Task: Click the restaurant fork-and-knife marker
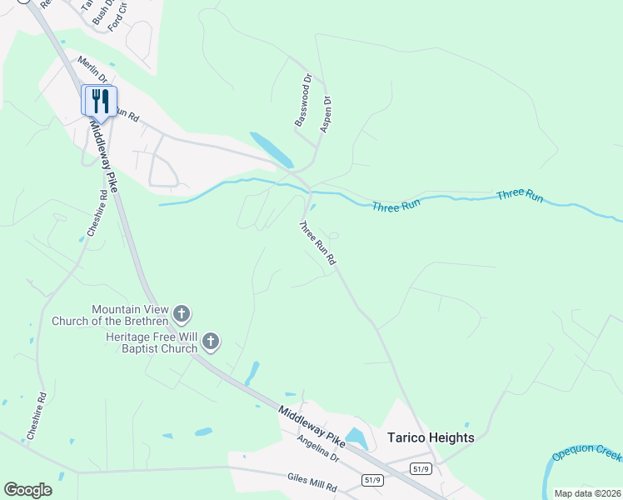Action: point(100,102)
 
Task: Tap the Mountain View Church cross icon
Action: point(182,314)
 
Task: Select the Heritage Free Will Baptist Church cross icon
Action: point(211,341)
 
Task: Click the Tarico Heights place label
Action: point(431,437)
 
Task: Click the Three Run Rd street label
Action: point(317,243)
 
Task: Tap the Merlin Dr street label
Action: point(92,71)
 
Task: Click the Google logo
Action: point(27,490)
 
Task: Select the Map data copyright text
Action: point(587,493)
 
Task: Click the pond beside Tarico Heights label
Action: point(357,437)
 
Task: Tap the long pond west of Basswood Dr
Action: point(272,149)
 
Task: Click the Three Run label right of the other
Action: point(520,196)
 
